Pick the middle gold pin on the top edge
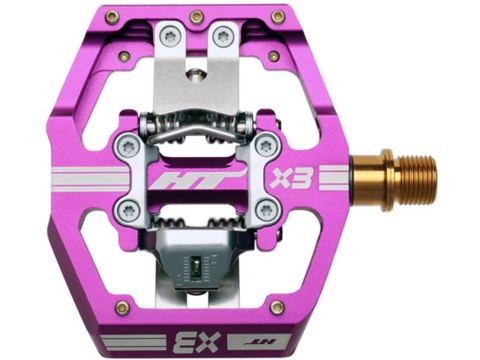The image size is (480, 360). tap(196, 17)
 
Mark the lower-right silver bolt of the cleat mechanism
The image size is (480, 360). tap(265, 209)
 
